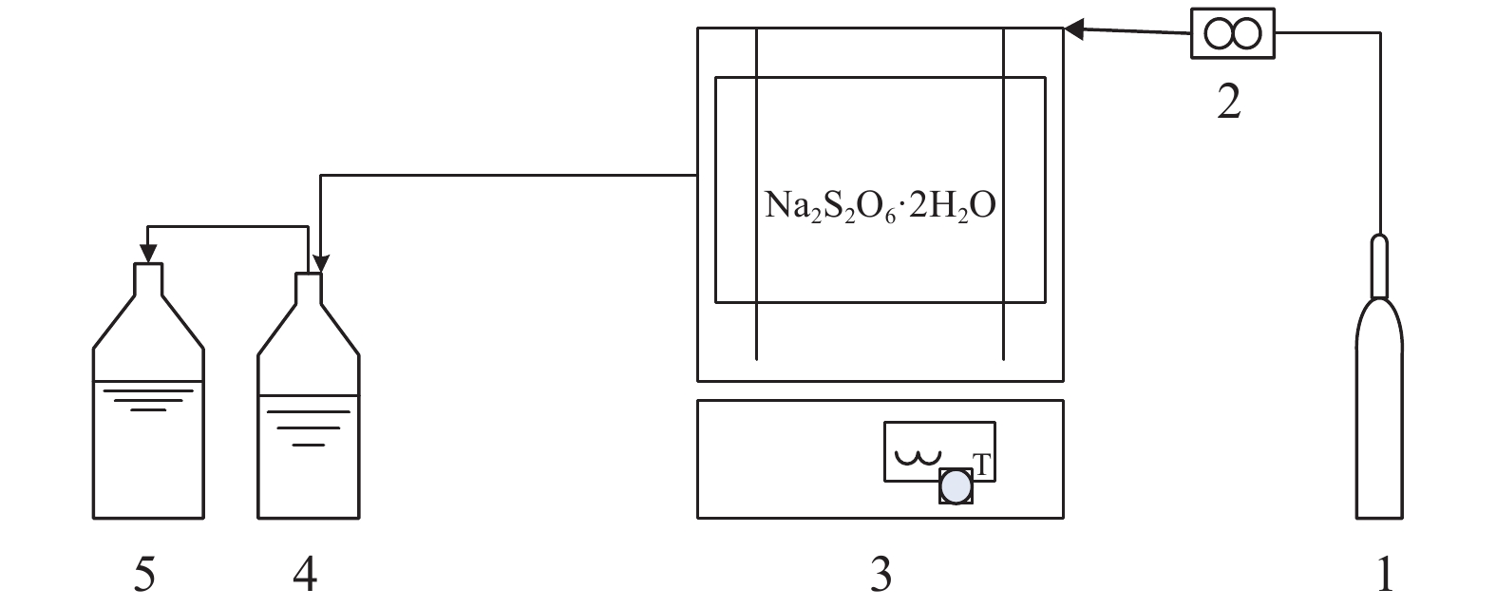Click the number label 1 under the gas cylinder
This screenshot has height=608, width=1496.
pos(1384,574)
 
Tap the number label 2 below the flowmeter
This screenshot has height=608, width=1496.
pos(1229,101)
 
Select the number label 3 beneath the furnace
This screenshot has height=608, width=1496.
pos(881,574)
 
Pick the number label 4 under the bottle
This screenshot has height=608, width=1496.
pos(306,574)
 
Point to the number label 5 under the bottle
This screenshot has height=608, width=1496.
pos(144,574)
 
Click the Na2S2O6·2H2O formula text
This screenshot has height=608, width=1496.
pos(881,205)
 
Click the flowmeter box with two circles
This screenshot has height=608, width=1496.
pos(1232,34)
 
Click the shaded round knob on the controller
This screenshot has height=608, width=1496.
pos(956,486)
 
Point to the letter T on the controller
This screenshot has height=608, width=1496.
pos(983,465)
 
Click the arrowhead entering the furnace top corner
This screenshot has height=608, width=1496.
pos(1074,30)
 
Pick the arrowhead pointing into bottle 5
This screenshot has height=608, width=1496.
pos(147,252)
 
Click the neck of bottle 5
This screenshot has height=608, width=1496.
pos(147,277)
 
